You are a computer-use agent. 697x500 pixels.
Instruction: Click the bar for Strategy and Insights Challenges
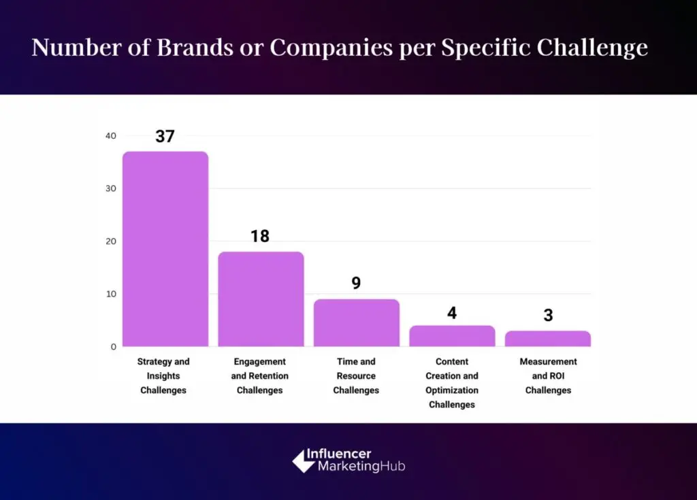[165, 249]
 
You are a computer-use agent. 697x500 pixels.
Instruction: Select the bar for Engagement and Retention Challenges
[261, 299]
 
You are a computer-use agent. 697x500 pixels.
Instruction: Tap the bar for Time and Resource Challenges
[356, 323]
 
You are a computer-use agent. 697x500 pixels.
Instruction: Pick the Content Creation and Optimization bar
[452, 336]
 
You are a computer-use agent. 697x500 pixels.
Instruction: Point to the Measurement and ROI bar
[548, 339]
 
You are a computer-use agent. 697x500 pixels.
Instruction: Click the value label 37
[165, 136]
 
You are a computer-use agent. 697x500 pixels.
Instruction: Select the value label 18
[260, 236]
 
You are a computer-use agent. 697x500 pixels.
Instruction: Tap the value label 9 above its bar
[356, 283]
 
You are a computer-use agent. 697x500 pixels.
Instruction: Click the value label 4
[452, 313]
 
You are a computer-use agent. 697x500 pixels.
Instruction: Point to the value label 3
[548, 316]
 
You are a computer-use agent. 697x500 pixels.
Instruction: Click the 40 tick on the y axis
[110, 136]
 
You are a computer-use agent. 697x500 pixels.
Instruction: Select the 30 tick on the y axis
[110, 188]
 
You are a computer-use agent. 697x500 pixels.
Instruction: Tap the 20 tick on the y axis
[110, 241]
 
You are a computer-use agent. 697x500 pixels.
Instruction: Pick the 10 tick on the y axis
[110, 294]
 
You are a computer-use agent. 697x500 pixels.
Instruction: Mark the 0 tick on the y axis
[113, 347]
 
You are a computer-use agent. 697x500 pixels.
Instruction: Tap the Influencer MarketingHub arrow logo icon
[303, 461]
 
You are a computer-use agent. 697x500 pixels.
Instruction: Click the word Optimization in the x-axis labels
[452, 390]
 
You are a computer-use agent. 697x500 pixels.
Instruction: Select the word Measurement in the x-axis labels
[548, 362]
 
